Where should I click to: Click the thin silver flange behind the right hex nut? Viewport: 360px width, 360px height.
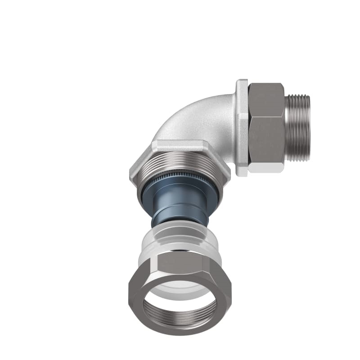click(242, 128)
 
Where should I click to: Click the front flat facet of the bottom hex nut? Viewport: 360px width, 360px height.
click(180, 263)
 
